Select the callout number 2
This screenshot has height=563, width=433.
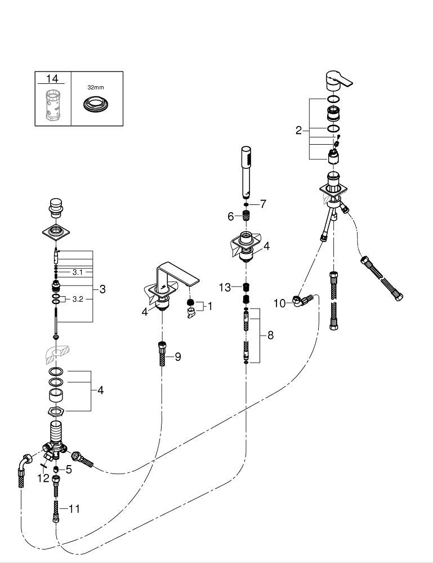pos(298,131)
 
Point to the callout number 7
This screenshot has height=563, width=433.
pos(262,203)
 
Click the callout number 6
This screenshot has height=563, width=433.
pos(230,216)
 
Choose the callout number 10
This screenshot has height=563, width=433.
pos(280,303)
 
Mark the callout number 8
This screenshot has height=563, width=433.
pos(270,335)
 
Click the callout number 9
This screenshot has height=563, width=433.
pos(177,356)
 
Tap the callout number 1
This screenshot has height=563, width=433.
pos(210,306)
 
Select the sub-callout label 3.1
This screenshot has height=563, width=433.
pos(78,272)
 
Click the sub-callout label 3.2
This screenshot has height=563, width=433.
pos(78,299)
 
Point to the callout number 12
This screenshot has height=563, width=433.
pos(43,478)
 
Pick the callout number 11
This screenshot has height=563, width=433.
pos(74,508)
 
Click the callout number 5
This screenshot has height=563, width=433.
pos(69,468)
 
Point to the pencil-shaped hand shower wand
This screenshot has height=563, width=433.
pos(246,172)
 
